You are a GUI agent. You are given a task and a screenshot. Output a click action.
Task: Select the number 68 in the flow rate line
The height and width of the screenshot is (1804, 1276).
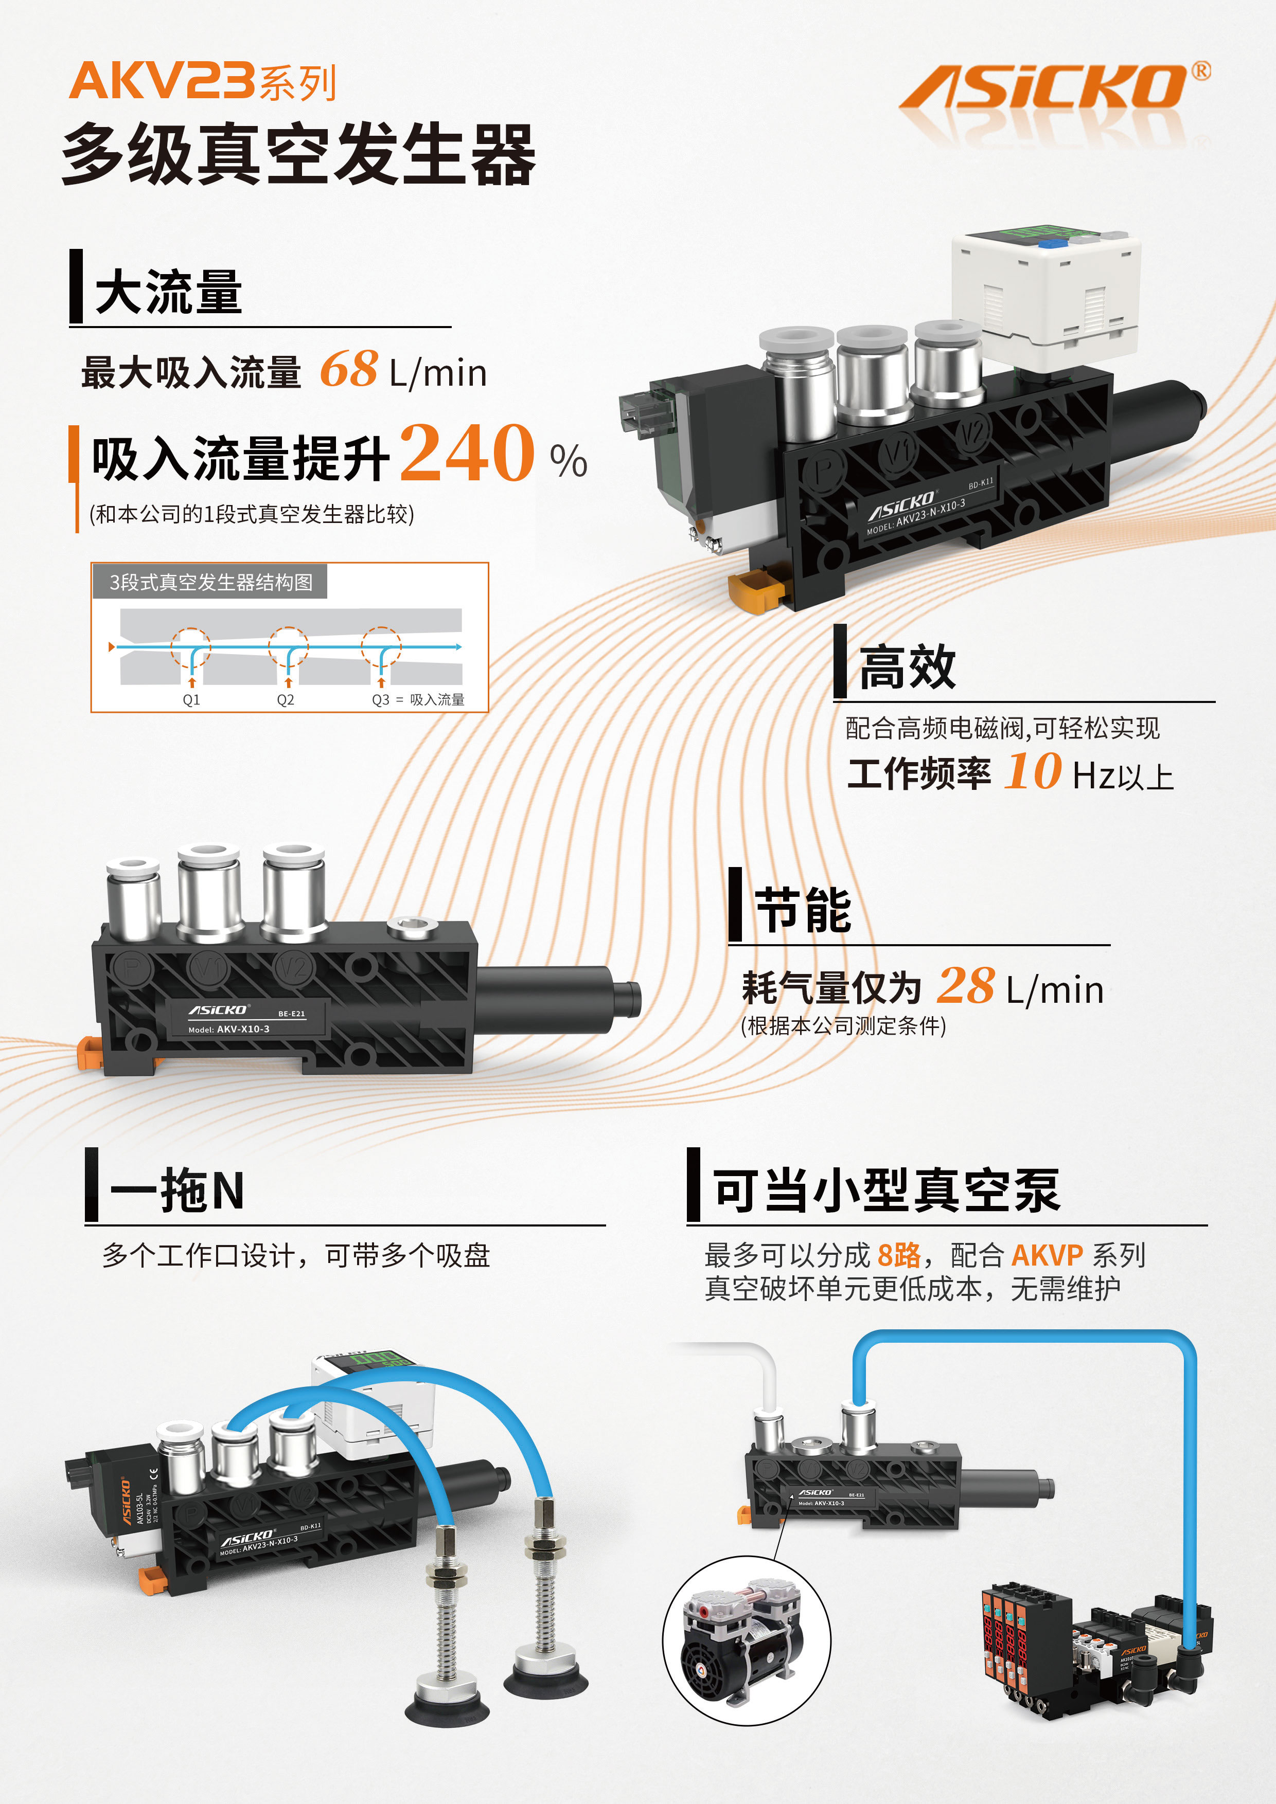348,369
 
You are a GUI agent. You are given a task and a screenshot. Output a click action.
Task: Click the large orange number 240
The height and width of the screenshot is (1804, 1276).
467,454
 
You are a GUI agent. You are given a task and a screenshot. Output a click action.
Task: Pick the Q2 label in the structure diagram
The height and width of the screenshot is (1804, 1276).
286,700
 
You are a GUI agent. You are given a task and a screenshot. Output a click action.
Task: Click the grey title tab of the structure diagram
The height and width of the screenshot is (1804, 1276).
210,582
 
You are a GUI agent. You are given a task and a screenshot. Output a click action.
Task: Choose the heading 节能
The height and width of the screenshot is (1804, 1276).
803,911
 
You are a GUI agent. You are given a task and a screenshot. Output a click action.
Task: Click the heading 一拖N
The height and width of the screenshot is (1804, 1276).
178,1190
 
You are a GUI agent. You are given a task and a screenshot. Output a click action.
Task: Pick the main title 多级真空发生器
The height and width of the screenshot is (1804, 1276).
299,155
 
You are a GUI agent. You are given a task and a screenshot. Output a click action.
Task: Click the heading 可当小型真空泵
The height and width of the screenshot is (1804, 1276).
886,1190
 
